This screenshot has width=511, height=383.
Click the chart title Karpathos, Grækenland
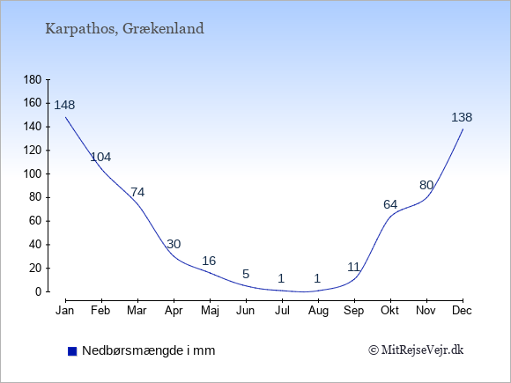pos(124,28)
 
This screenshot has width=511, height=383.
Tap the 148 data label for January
pos(64,105)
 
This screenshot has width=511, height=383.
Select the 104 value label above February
pos(100,157)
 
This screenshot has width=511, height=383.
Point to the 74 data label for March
pos(137,192)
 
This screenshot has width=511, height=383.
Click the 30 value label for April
pos(174,244)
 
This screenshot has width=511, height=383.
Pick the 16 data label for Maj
pos(209,261)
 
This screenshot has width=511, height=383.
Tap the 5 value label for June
pos(246,274)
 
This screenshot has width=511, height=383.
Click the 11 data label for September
pos(353,267)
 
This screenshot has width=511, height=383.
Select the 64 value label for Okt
pos(390,204)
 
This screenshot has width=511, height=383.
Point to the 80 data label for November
pos(426,185)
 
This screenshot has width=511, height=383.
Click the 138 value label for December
pos(462,117)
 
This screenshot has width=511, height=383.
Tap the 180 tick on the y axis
pos(33,79)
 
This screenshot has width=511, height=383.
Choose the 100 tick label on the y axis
pos(33,173)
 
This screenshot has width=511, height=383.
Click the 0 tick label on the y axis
pos(39,291)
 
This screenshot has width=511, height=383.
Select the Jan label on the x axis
pos(65,311)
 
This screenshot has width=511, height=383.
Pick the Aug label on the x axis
pos(318,311)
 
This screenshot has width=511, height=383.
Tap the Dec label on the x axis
pos(463,311)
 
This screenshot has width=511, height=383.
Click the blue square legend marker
pos(72,351)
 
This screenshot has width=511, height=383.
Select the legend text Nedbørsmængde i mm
pos(149,350)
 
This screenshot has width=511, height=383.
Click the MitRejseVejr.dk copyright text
pos(416,350)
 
